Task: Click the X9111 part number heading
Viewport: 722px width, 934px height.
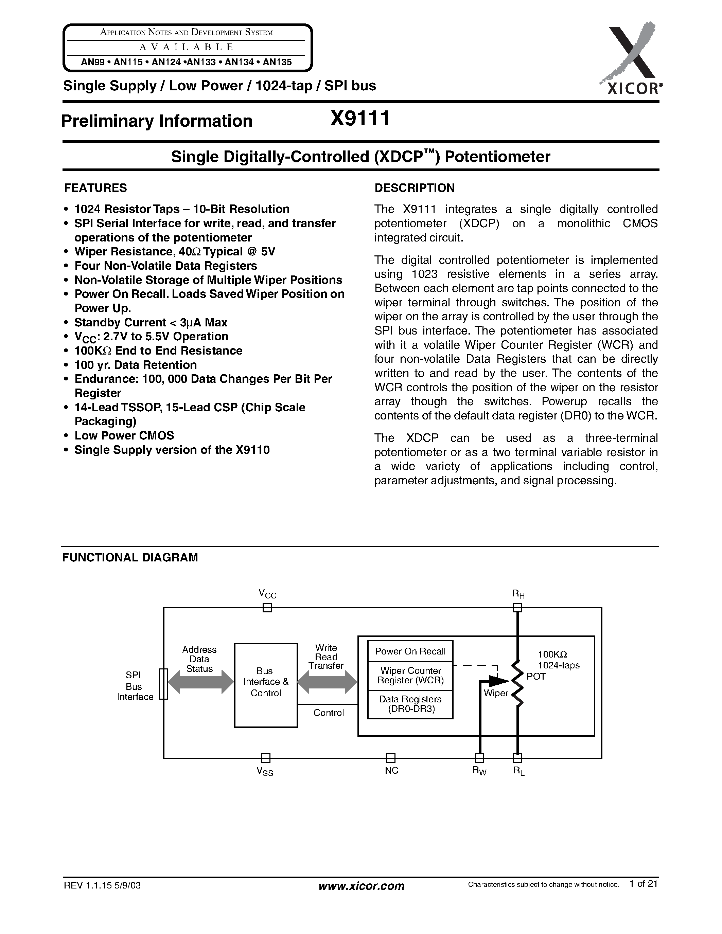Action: click(360, 119)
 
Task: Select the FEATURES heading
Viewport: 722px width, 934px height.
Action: click(95, 188)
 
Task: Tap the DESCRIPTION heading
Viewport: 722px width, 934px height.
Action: click(415, 188)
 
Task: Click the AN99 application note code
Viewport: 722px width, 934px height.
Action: click(93, 62)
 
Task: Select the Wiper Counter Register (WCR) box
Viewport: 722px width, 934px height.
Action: click(410, 675)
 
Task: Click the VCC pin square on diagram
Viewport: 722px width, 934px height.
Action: click(267, 608)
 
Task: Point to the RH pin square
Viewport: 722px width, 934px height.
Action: click(517, 608)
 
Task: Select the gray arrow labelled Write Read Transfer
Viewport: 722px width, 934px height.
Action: click(327, 682)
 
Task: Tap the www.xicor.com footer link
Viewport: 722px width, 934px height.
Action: click(362, 886)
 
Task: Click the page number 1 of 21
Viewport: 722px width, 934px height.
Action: click(643, 883)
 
